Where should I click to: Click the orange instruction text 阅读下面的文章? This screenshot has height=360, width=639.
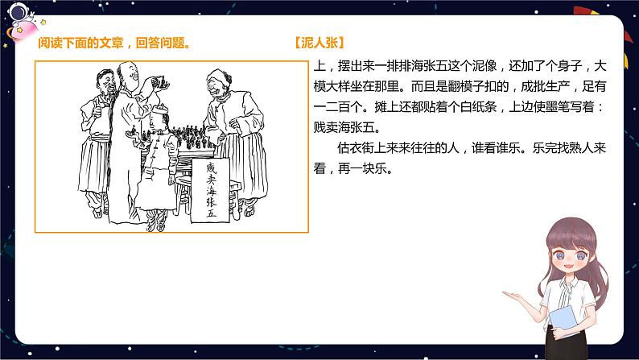[76, 43]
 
